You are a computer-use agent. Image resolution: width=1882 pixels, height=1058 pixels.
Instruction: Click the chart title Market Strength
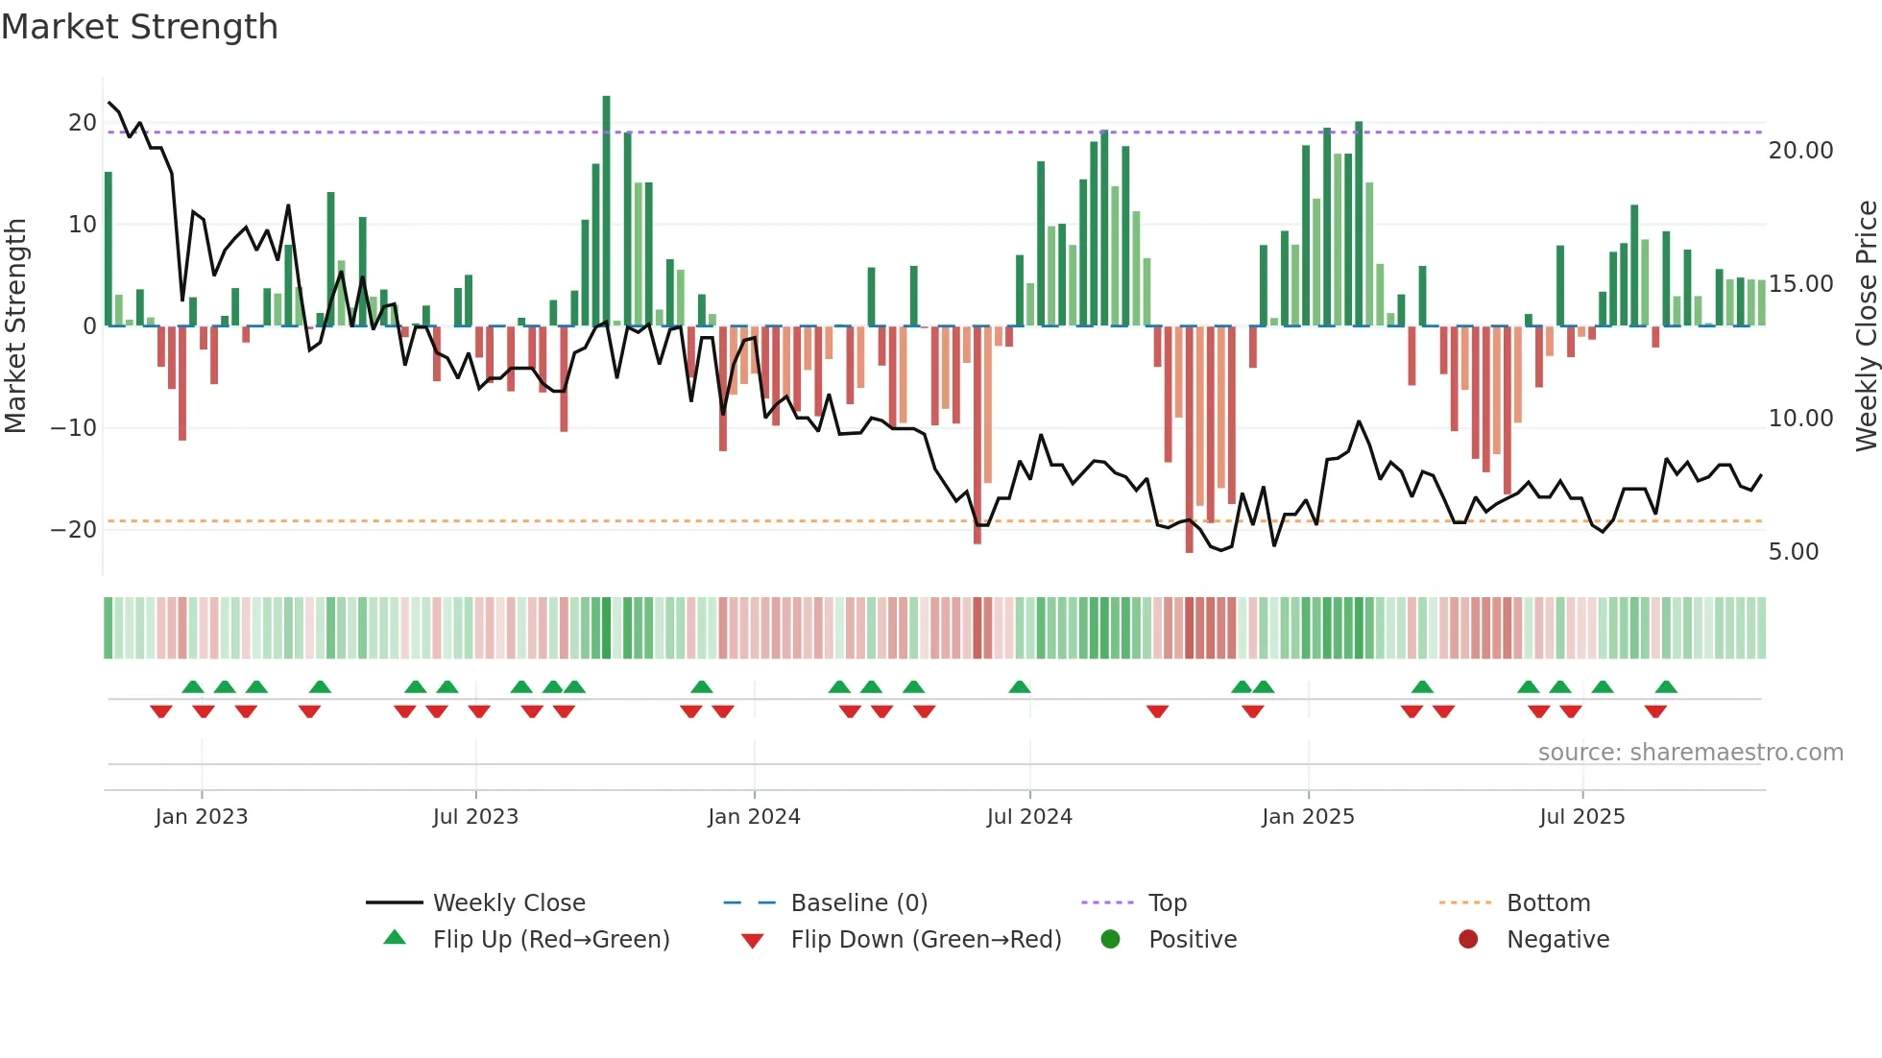139,27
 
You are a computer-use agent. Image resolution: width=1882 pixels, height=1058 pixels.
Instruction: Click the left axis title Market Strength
15,325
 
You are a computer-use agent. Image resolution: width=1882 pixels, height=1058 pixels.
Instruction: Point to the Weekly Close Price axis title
1866,325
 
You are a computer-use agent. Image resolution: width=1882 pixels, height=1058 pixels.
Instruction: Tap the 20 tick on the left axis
82,123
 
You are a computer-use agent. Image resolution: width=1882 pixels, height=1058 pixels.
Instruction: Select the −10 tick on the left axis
73,428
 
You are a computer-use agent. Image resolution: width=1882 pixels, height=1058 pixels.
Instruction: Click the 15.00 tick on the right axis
1800,284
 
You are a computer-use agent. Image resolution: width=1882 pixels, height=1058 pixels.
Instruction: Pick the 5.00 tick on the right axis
1793,552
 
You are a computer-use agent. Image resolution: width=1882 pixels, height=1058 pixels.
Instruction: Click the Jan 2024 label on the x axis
754,817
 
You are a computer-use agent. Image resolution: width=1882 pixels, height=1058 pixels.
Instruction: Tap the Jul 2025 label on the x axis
1581,817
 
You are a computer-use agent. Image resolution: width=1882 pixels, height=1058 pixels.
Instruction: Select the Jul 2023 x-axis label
475,817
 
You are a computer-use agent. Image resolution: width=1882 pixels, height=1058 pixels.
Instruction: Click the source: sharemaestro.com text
1690,753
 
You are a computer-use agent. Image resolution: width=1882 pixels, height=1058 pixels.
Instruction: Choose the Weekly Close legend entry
508,903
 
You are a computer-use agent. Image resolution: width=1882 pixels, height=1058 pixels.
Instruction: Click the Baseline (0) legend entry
858,903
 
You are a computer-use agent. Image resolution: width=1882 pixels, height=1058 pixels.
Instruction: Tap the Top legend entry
1167,903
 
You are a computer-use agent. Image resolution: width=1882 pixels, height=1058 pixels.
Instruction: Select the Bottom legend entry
1548,903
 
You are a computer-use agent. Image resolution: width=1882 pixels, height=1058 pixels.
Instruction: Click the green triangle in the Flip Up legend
395,938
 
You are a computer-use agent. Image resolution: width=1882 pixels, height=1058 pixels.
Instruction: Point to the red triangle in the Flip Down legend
753,941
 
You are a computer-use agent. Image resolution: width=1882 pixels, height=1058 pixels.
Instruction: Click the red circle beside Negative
1468,939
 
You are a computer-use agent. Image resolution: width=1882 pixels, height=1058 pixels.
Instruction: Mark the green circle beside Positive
1110,939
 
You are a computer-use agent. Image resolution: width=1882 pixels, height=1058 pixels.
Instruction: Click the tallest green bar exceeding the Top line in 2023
606,211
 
